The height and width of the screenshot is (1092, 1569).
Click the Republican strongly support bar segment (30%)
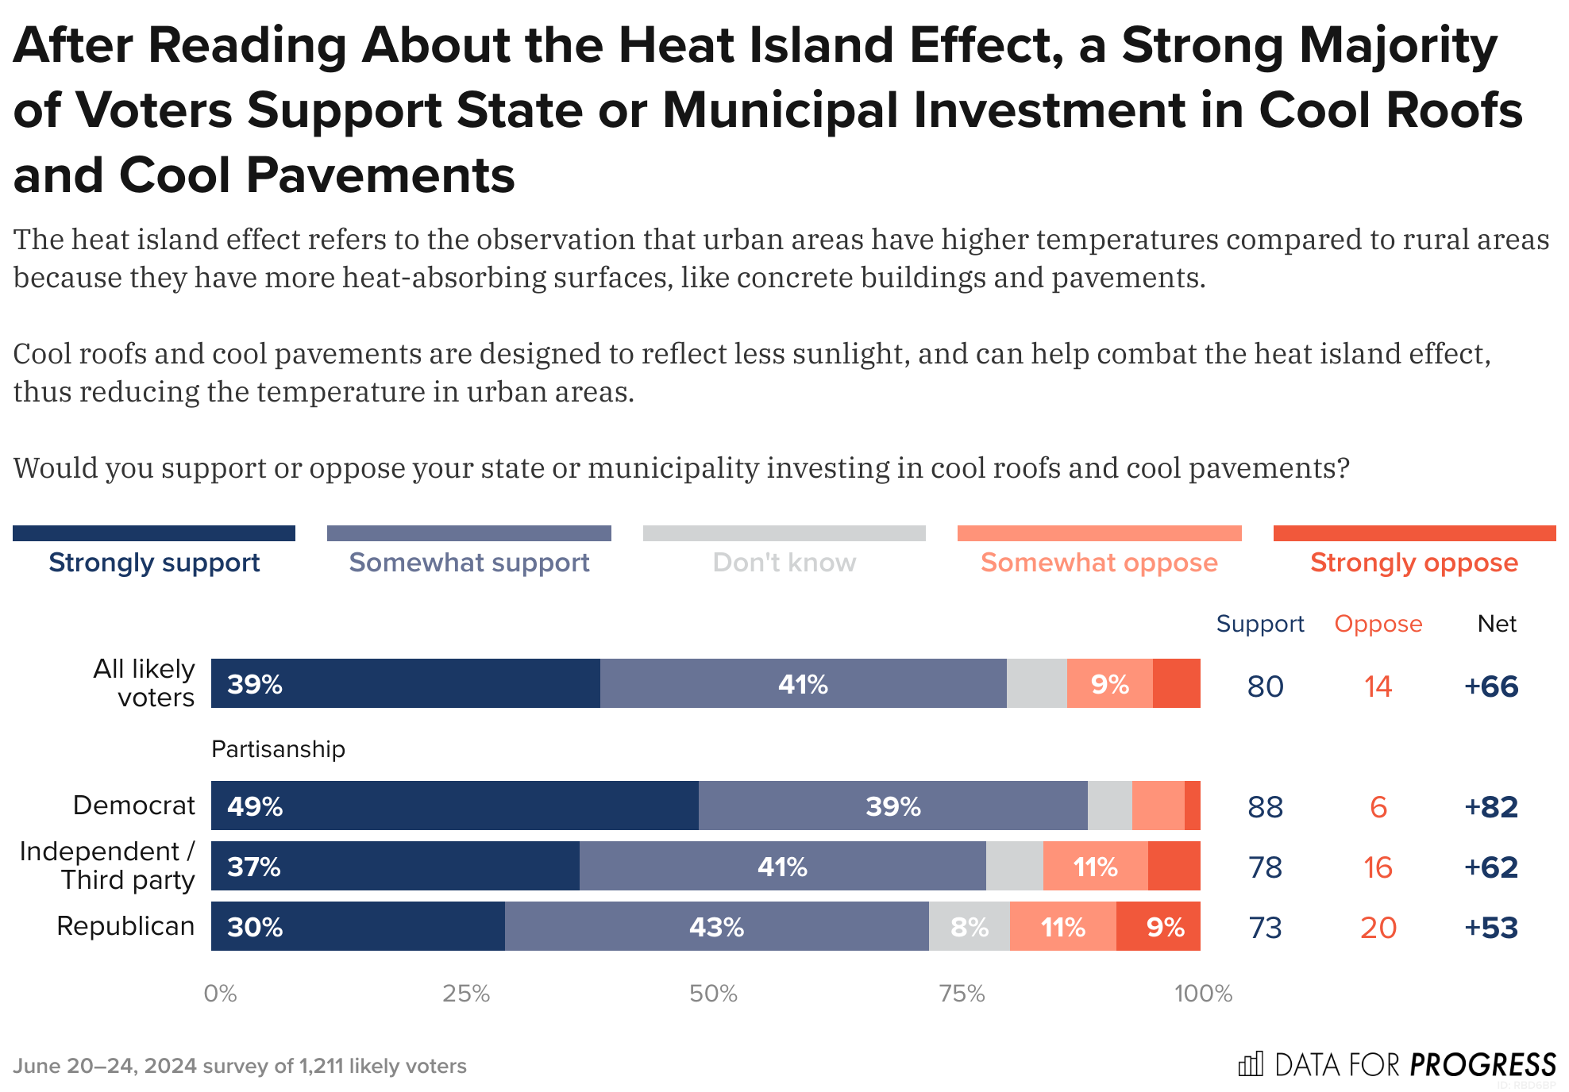pos(357,926)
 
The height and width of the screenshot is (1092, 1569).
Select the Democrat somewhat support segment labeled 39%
pos(892,806)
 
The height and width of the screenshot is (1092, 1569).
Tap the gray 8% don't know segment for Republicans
pos(969,926)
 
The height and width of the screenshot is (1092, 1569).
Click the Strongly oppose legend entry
pos(1413,562)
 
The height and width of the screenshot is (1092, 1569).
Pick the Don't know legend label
pos(784,562)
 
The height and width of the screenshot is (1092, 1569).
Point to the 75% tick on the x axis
pos(962,993)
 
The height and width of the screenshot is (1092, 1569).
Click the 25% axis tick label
pos(466,993)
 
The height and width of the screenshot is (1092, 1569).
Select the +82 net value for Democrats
pos(1490,806)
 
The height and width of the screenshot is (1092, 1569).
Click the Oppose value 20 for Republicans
pos(1378,927)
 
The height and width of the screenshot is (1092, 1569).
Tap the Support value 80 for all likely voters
pos(1265,686)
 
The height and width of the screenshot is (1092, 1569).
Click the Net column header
pos(1496,624)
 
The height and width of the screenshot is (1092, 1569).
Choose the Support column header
pos(1259,624)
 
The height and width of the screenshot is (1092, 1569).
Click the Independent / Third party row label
pos(107,865)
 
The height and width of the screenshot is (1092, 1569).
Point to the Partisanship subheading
pos(278,748)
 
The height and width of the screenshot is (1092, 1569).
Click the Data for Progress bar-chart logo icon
pos(1251,1063)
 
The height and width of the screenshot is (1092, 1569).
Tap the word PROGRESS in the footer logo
pos(1482,1063)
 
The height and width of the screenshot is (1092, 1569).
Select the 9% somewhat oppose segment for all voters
pos(1109,683)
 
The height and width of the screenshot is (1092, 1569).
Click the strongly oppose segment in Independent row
pos(1174,866)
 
